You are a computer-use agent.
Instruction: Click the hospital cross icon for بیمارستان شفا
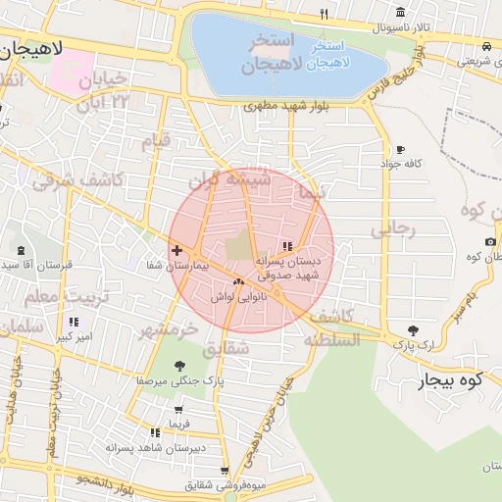coord(176,251)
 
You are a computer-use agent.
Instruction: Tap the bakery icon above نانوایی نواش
coord(238,282)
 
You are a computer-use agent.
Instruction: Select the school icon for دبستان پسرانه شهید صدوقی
coord(287,247)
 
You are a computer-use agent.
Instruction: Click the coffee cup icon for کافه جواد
coord(399,150)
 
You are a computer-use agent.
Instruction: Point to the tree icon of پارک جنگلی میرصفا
coord(180,366)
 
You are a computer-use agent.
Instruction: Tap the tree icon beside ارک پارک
coord(412,330)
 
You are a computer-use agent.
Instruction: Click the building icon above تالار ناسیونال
coord(400,12)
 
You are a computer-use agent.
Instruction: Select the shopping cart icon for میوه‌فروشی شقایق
coord(226,471)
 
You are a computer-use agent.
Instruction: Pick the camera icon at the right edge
coord(490,242)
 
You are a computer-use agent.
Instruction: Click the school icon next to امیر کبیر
coord(74,322)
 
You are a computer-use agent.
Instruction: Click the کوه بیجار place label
coord(448,380)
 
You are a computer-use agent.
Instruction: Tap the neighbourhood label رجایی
coord(393,230)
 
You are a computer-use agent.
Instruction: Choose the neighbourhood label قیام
coord(157,140)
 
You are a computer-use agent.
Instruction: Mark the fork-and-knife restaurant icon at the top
coord(324,14)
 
